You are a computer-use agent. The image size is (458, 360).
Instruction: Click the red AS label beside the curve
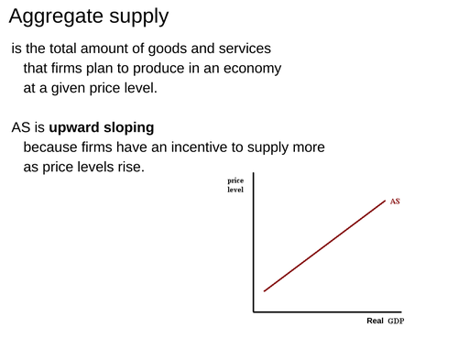pos(395,201)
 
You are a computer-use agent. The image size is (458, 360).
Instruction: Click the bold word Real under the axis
pos(375,322)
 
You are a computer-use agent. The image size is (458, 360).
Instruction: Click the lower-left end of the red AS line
pos(264,291)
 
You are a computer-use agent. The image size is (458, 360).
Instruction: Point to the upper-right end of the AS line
pos(385,201)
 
